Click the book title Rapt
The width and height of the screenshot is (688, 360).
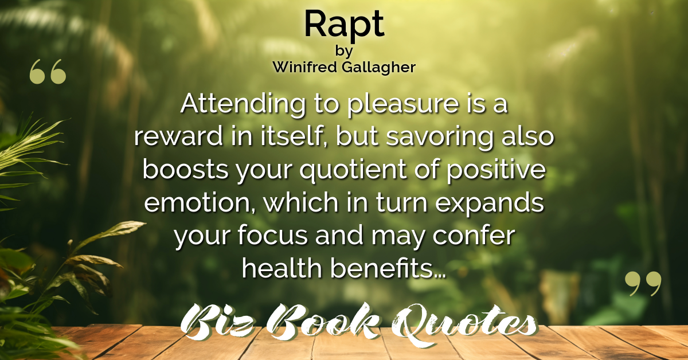[344, 25]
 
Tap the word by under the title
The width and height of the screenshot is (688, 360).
[344, 51]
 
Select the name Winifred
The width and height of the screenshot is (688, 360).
[304, 67]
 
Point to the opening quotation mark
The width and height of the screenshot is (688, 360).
[48, 72]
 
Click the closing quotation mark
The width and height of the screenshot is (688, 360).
[643, 283]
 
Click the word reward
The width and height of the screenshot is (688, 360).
[178, 136]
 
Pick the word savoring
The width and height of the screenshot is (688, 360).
[440, 138]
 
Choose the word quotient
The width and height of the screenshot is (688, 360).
[353, 170]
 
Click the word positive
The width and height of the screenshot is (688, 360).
[496, 170]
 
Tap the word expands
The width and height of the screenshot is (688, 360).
[490, 204]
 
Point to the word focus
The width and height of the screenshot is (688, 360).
[272, 236]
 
